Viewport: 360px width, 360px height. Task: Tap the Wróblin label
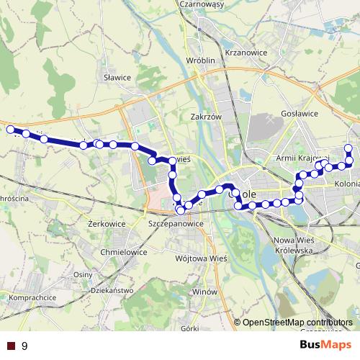coord(201,60)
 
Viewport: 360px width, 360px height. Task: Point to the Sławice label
coord(117,77)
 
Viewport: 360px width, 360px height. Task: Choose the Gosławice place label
coord(300,114)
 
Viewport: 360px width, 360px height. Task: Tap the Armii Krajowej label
coord(302,158)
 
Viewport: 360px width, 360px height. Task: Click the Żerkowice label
coord(107,224)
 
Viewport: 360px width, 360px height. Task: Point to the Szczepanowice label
coord(176,224)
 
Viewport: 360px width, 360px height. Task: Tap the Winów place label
coord(204,293)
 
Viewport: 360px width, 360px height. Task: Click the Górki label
coord(189,328)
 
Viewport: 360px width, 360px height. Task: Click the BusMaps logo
coord(325,346)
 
